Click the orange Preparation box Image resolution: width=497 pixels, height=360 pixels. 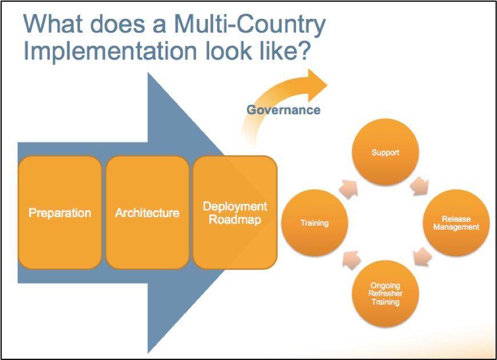(x=60, y=213)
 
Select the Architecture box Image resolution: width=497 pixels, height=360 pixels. (x=147, y=213)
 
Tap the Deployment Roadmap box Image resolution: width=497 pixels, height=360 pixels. (x=235, y=213)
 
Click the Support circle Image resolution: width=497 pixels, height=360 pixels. (x=385, y=153)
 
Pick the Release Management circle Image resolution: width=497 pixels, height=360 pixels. (x=456, y=223)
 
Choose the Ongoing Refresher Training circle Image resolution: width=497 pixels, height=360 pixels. (x=385, y=294)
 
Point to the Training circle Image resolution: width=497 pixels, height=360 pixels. (x=315, y=223)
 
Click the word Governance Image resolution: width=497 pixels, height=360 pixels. (x=283, y=110)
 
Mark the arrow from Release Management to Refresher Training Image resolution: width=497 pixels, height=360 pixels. (x=422, y=258)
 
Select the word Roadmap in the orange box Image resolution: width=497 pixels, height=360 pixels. (x=235, y=219)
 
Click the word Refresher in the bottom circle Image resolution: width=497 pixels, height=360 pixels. (x=385, y=294)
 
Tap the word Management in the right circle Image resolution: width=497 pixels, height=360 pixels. (x=456, y=227)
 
